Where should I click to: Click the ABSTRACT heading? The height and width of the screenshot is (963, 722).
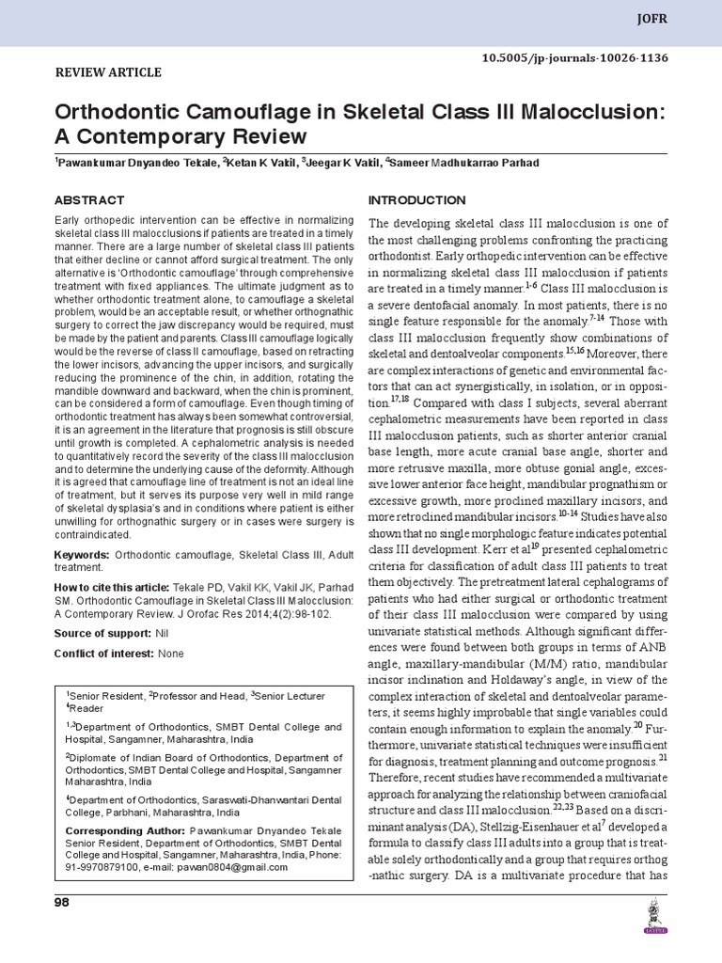pos(89,200)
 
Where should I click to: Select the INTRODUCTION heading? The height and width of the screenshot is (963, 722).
pos(416,200)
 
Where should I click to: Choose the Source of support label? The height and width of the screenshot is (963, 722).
pos(100,634)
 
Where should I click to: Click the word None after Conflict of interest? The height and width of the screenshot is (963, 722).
pos(171,654)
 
